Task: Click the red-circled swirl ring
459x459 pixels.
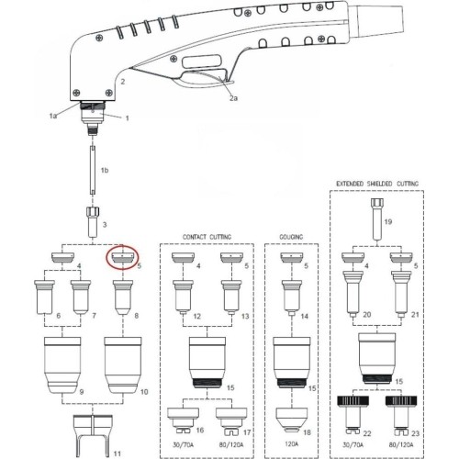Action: (122, 259)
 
